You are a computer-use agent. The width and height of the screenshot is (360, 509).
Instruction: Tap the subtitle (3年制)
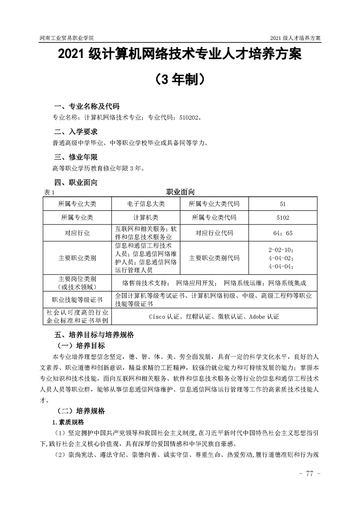click(x=180, y=80)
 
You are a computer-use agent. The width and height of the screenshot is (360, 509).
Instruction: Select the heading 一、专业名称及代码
click(x=86, y=107)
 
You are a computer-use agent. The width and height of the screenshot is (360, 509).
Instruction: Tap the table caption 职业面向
click(x=180, y=192)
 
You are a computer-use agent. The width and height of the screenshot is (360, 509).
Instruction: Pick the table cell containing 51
click(x=283, y=204)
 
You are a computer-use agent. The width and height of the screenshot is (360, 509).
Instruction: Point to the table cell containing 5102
click(x=283, y=217)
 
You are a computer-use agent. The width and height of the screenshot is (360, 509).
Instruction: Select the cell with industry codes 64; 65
click(x=283, y=233)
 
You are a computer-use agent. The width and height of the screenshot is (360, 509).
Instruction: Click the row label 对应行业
click(x=77, y=233)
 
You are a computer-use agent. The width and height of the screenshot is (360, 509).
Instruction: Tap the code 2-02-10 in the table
click(x=281, y=250)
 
